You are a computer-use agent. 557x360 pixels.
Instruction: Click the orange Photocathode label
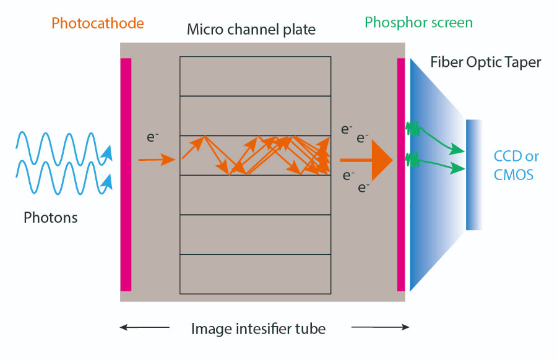point(97,24)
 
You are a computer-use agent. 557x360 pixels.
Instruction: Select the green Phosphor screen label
point(418,23)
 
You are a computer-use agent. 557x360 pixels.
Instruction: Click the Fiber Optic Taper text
point(485,62)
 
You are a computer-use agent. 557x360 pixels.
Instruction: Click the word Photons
point(50,217)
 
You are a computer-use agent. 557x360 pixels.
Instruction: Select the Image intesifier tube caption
point(258,328)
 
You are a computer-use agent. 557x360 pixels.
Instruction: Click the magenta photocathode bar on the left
point(126,174)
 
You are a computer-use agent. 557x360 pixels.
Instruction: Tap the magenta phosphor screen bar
point(401,174)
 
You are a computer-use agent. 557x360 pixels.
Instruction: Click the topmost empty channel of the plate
point(255,76)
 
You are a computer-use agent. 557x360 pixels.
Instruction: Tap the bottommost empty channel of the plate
point(255,274)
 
